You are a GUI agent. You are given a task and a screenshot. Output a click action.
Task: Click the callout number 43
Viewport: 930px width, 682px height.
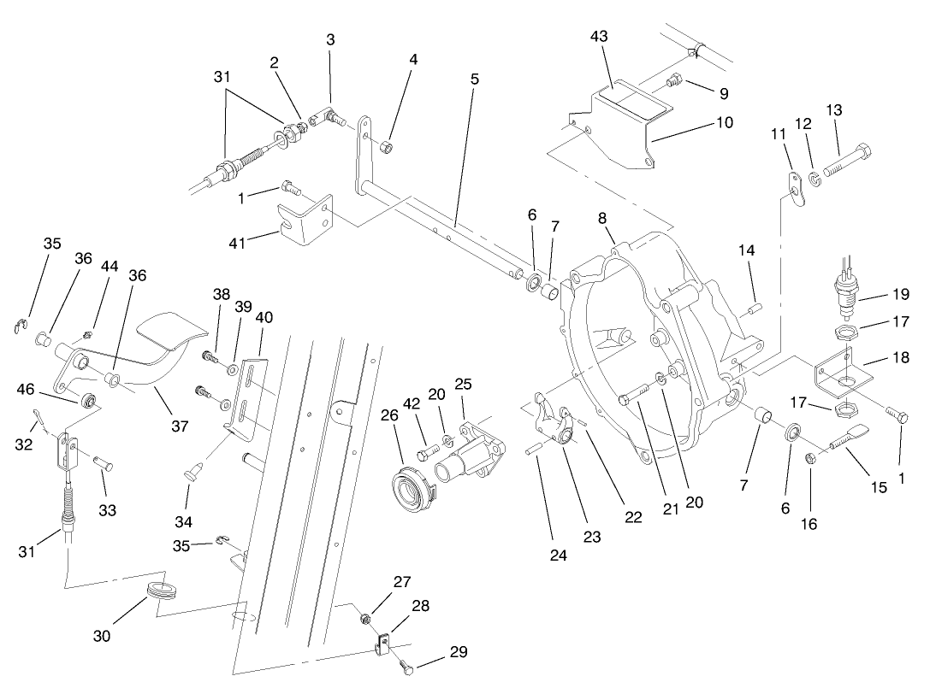tap(599, 37)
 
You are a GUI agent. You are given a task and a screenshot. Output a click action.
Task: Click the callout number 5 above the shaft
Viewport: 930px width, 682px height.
tap(474, 79)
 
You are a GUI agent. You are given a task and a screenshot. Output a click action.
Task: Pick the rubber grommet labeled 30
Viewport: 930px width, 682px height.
tap(159, 591)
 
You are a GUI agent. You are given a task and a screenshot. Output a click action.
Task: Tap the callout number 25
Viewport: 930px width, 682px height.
tap(463, 385)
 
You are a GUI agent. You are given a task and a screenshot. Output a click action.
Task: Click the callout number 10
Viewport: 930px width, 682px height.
tap(724, 122)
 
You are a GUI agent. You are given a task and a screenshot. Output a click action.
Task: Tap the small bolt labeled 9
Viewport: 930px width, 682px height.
tap(675, 83)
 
